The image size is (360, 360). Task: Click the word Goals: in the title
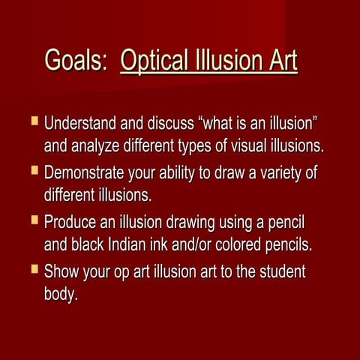(x=76, y=61)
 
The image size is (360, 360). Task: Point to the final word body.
(x=61, y=294)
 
